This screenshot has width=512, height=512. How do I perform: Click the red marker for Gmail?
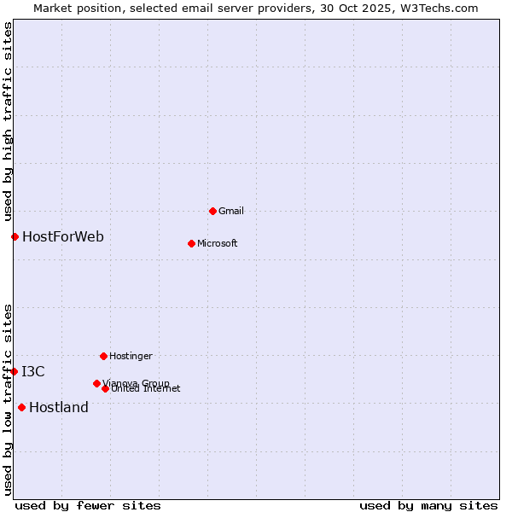tap(212, 211)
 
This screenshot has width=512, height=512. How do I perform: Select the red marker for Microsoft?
tap(191, 243)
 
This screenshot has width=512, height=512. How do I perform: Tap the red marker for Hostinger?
tap(103, 356)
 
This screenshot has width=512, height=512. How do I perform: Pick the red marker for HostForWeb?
tap(15, 236)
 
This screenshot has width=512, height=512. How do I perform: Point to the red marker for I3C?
tap(14, 371)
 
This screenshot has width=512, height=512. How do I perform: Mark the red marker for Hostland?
tap(21, 407)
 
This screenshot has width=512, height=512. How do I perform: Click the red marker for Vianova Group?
tap(96, 383)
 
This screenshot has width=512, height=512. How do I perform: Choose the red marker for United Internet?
tap(105, 388)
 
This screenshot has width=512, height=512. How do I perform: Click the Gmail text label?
tap(231, 211)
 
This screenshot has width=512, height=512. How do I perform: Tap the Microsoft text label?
tap(218, 243)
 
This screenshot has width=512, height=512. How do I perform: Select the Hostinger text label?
tap(131, 356)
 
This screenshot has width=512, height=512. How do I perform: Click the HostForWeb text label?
tap(63, 236)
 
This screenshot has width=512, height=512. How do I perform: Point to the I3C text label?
tap(33, 371)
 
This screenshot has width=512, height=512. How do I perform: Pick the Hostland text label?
tap(59, 407)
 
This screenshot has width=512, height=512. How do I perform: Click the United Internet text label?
tap(146, 389)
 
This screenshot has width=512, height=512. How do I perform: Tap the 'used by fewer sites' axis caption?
tap(88, 505)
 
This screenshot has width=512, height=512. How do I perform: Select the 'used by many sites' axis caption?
tap(428, 505)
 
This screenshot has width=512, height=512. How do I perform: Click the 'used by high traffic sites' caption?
tap(8, 121)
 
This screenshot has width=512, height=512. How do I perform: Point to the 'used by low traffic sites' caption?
tap(8, 399)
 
